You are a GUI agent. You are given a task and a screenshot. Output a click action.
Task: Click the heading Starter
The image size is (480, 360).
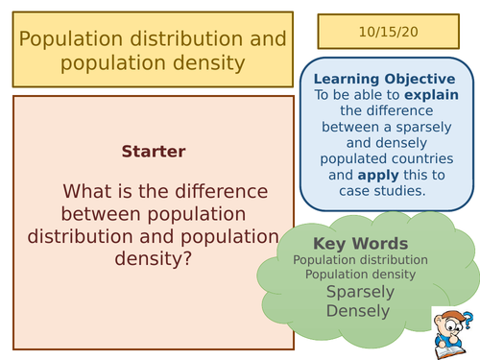pyautogui.click(x=154, y=152)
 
